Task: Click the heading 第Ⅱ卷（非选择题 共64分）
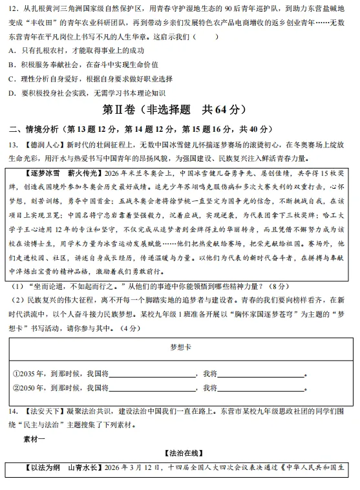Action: pyautogui.click(x=179, y=109)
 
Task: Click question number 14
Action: pyautogui.click(x=12, y=412)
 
